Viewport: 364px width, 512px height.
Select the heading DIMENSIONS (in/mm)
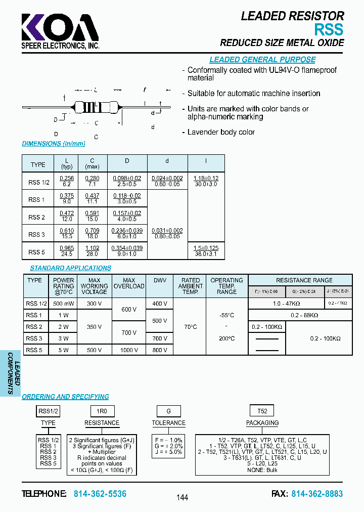[x=49, y=144]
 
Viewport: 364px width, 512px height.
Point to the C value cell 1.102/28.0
[x=92, y=251]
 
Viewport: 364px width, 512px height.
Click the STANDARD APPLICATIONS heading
[x=70, y=268]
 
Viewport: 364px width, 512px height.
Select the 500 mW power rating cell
[x=63, y=304]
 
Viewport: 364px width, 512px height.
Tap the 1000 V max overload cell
[x=129, y=350]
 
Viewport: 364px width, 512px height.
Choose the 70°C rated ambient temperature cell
[x=191, y=327]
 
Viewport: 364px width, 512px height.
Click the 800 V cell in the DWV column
[x=159, y=350]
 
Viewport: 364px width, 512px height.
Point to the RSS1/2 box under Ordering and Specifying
[x=49, y=411]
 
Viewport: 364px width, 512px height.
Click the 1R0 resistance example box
[x=102, y=411]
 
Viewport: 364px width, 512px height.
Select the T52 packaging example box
[x=262, y=411]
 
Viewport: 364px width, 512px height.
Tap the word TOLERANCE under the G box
[x=169, y=423]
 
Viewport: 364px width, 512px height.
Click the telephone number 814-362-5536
[x=100, y=494]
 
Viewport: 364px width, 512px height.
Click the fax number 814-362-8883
[x=317, y=494]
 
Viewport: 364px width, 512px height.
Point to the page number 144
[x=182, y=497]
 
